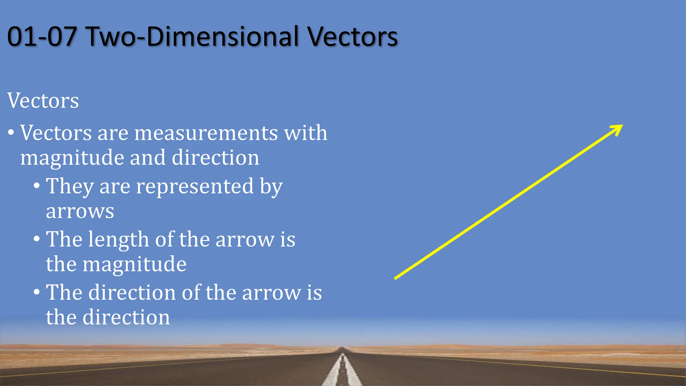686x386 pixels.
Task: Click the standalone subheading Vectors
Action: tap(43, 101)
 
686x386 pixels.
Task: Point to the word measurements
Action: tap(206, 133)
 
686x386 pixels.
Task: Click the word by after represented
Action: tap(271, 187)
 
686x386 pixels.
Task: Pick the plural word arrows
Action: tap(80, 212)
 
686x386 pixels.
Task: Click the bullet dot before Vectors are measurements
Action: tap(11, 133)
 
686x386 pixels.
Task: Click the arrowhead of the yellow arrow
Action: tap(618, 128)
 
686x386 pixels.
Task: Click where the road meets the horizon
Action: tap(342, 349)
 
